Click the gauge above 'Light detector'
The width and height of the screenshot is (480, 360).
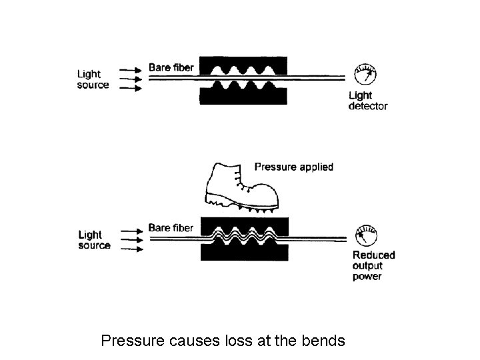point(363,74)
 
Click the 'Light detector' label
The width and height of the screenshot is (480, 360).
point(367,101)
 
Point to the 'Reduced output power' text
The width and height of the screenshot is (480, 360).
point(373,265)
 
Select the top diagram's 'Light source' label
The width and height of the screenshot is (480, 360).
point(93,80)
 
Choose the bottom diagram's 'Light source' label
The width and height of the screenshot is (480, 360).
point(94,240)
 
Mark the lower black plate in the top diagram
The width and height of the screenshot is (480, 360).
point(244,94)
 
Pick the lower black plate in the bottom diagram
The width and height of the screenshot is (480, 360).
point(244,254)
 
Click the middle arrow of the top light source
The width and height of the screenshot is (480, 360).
point(131,78)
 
